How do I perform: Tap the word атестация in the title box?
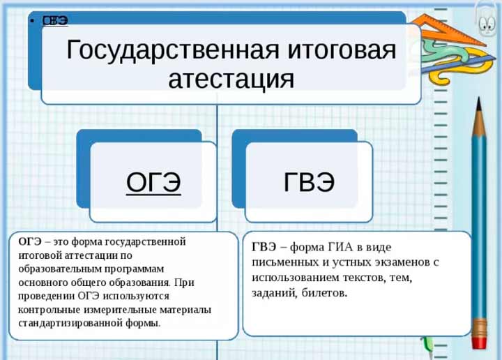231,79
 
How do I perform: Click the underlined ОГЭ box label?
153,182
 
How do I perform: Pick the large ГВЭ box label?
309,182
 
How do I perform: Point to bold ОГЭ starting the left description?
30,242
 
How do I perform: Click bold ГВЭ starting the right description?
264,247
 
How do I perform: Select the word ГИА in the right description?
342,247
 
